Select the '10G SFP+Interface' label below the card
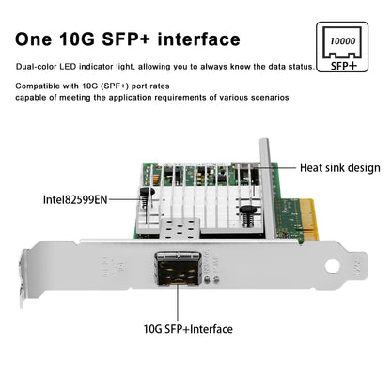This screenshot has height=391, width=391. coord(190,328)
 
